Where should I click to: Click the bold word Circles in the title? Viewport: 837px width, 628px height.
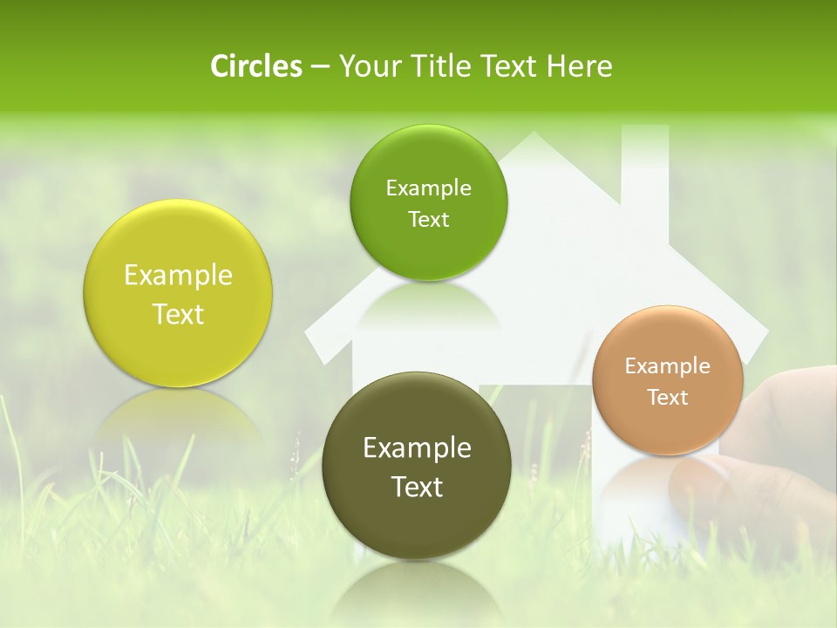(x=256, y=66)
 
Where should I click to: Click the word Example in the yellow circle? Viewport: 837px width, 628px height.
(x=178, y=276)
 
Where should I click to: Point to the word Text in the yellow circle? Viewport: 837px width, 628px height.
(x=178, y=314)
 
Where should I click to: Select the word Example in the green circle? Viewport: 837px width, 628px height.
(x=428, y=188)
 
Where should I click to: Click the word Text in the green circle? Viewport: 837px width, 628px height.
(x=428, y=219)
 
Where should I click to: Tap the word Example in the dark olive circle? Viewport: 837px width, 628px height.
(x=417, y=448)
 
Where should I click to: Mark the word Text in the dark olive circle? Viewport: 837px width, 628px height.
(x=417, y=487)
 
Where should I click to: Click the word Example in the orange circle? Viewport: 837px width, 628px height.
(x=668, y=365)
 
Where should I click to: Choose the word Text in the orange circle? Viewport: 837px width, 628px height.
(x=668, y=397)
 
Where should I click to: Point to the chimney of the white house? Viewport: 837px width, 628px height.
(x=644, y=166)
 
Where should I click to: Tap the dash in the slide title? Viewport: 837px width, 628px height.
(x=320, y=67)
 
